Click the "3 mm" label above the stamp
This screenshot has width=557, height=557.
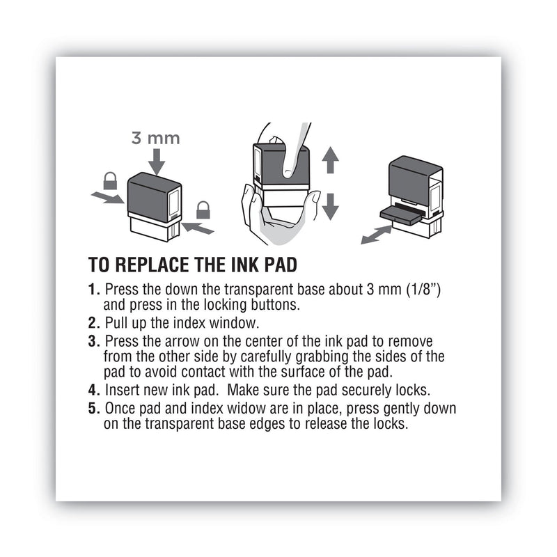156,138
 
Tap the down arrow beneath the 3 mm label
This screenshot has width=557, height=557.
156,162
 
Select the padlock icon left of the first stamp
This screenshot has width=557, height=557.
110,182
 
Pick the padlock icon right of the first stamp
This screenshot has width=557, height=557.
203,210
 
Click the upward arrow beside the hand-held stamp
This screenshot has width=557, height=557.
330,161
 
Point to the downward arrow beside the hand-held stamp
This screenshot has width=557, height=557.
330,206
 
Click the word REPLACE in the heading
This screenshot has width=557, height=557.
154,266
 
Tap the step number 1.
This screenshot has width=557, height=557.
93,289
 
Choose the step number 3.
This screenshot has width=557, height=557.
93,340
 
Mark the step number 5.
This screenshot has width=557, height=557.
93,408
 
